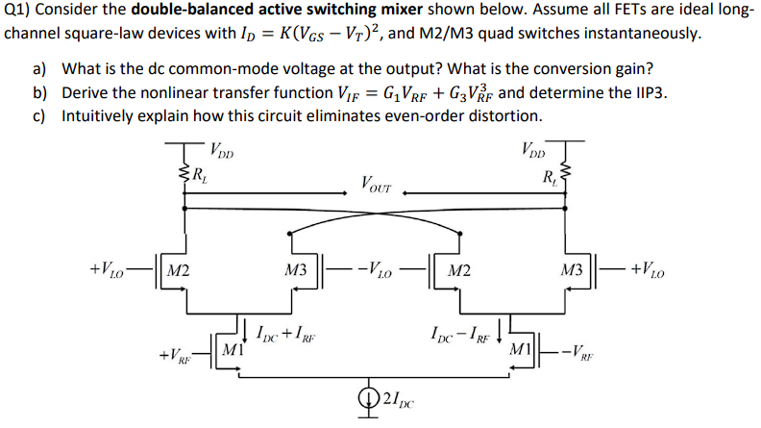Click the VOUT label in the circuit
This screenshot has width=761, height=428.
(x=378, y=182)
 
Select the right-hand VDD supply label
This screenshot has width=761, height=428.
(x=534, y=150)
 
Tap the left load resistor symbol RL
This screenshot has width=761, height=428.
(x=183, y=174)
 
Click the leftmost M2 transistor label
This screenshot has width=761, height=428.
(x=176, y=270)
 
